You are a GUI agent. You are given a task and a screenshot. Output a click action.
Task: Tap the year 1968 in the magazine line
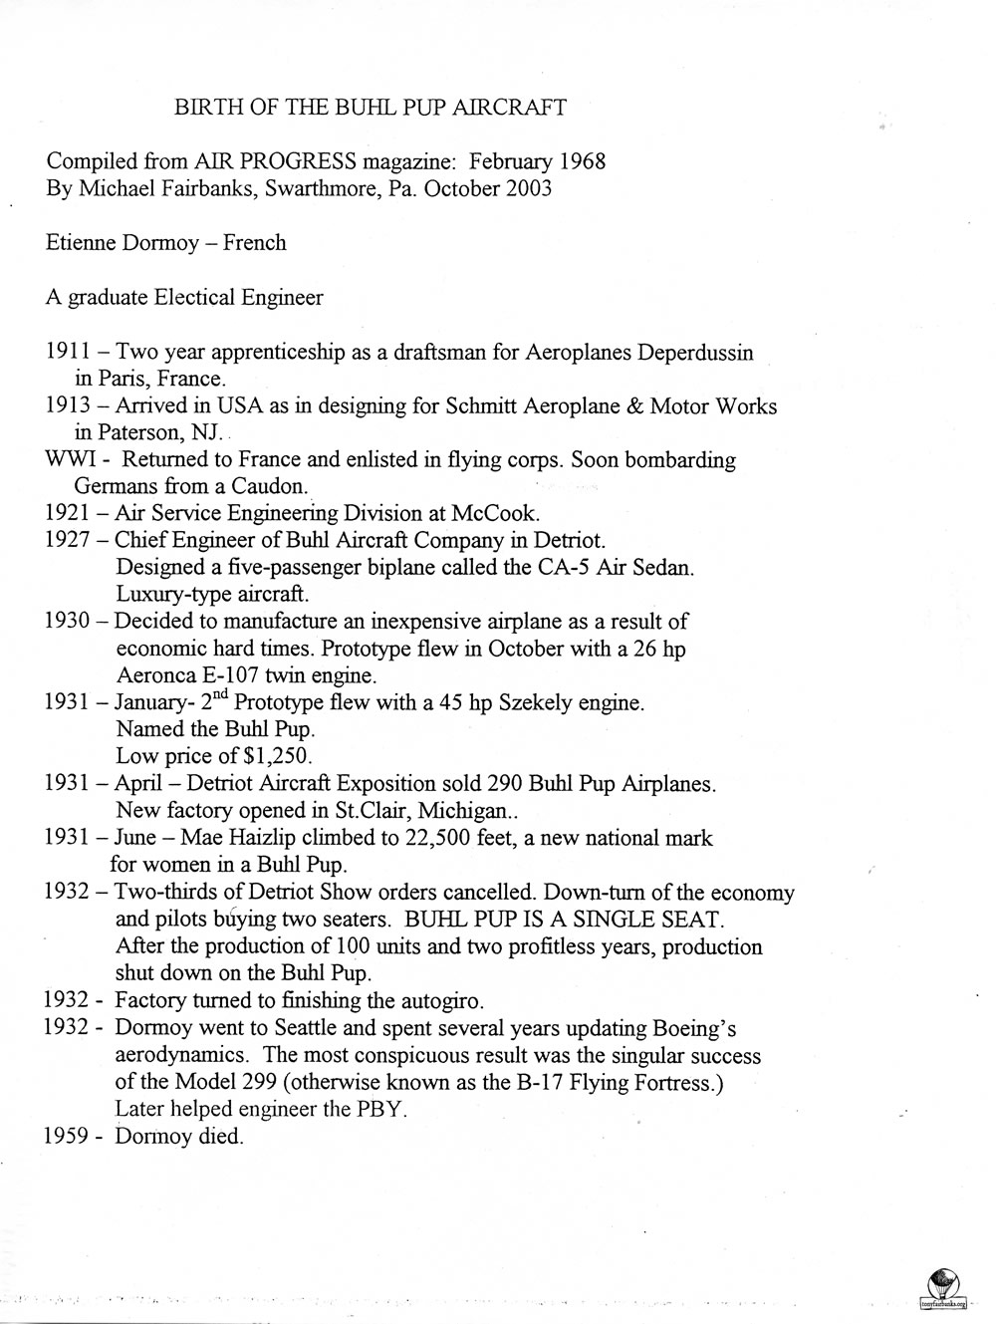[579, 161]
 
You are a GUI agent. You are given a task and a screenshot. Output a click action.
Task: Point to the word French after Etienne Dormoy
[254, 243]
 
